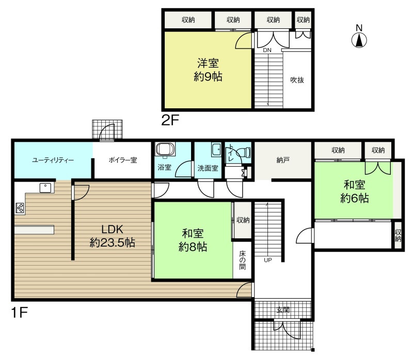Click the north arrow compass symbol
coord(359,40)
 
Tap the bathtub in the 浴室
coord(165,149)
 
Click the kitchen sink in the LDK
coord(45,188)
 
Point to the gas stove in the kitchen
coord(20,208)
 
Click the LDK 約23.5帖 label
coord(113,236)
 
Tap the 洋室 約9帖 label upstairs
coord(208,70)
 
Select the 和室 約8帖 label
coord(193,240)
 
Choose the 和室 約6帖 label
coord(354,191)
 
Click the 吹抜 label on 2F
coord(297,80)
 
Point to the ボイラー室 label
coord(123,160)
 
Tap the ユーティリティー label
coord(53,160)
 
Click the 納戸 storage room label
coord(283,160)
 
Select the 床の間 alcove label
coord(242,260)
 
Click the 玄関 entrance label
coord(283,310)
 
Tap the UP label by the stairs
coord(267,260)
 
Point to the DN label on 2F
coord(267,50)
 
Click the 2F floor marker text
coord(170,121)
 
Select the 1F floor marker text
coord(20,313)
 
